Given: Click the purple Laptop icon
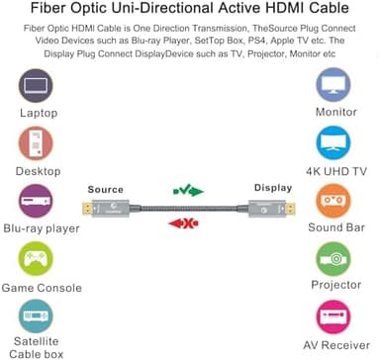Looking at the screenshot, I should [x=37, y=86].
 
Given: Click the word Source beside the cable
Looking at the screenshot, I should [x=106, y=188].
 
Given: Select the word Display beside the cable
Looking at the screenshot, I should [x=273, y=188].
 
